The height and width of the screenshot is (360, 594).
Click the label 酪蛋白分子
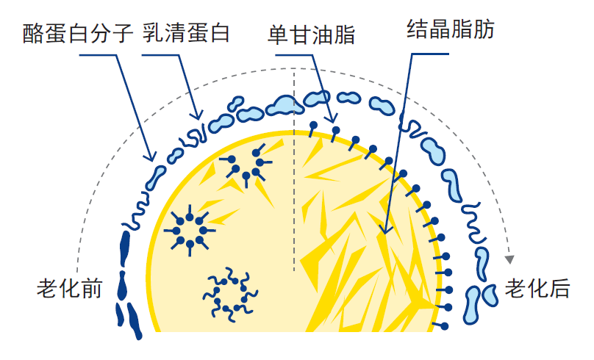tap(78, 33)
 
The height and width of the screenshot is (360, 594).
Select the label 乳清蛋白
tap(186, 32)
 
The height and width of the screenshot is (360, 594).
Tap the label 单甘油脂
tap(311, 35)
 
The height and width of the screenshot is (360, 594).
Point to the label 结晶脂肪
tap(451, 29)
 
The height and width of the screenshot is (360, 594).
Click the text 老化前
tap(70, 289)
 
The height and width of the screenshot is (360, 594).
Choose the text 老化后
tap(537, 289)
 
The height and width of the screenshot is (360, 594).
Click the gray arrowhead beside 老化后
tap(509, 259)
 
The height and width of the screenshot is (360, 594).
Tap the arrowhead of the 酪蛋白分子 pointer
tap(151, 156)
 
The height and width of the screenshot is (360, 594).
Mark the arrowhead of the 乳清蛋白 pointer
tap(197, 115)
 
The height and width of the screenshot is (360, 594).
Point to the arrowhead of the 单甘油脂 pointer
tap(332, 118)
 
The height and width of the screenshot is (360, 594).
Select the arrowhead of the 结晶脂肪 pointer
tap(385, 229)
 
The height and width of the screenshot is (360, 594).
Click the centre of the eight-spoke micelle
tap(190, 231)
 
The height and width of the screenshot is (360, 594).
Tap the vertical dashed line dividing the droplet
tap(294, 170)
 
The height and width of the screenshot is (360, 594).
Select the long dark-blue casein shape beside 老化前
tap(124, 249)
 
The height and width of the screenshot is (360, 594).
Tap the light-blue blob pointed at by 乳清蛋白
tap(221, 123)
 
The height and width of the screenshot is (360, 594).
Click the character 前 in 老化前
tap(92, 289)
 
